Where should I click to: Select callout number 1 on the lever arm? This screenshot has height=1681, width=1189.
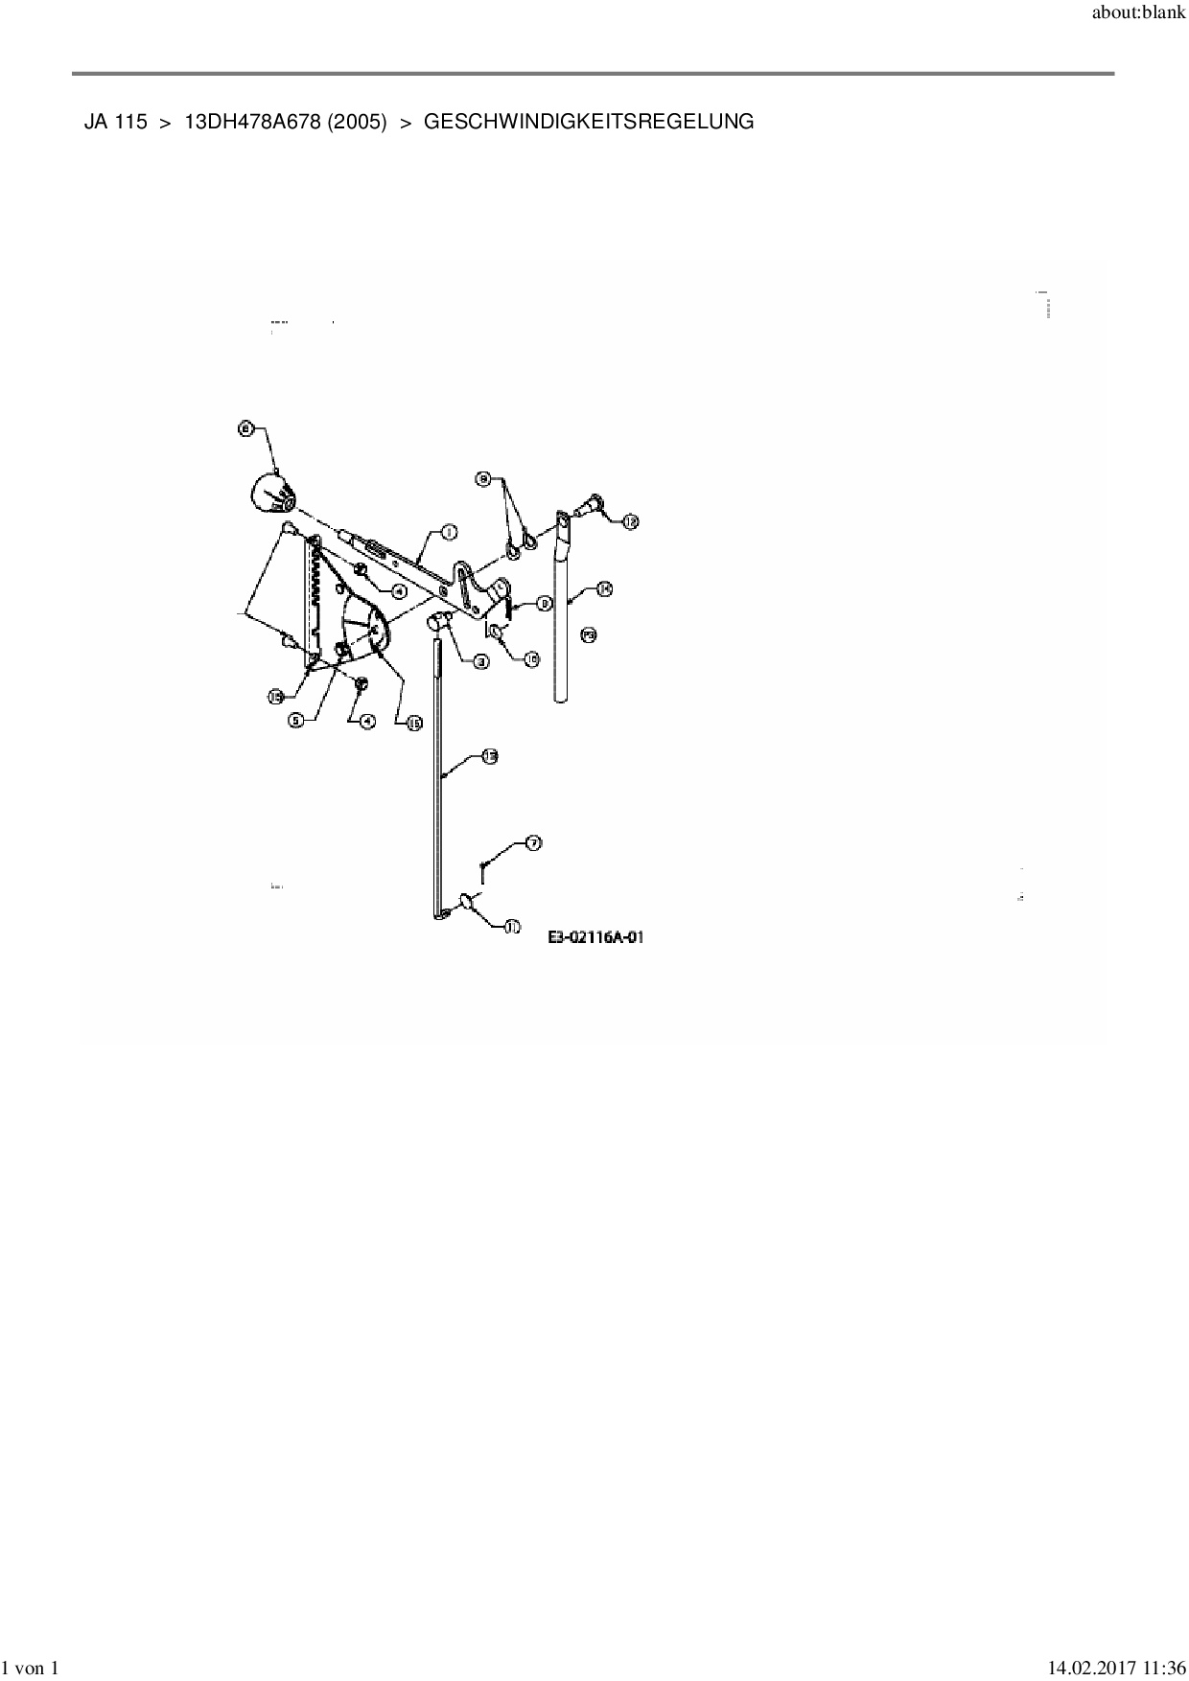tap(447, 533)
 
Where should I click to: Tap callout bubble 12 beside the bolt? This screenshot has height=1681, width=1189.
tap(630, 521)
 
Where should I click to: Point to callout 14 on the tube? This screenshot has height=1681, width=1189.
tap(604, 589)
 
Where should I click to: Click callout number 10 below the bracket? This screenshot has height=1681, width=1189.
tap(531, 658)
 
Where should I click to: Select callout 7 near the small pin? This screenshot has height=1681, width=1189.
tap(532, 843)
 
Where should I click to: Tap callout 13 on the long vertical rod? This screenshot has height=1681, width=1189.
tap(489, 757)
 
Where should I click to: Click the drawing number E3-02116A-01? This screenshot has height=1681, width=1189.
tap(595, 937)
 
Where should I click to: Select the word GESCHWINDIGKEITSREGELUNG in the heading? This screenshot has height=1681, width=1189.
tap(588, 123)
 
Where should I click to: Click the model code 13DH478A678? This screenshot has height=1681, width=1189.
tap(252, 123)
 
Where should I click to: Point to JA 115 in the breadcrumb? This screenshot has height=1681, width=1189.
tap(116, 123)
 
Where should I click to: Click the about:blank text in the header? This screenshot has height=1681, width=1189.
tap(1138, 15)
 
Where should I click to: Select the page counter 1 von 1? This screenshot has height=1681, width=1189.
tap(33, 1669)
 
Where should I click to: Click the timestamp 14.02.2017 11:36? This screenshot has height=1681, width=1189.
tap(1115, 1669)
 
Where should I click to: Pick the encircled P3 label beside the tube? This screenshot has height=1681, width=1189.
tap(589, 634)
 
